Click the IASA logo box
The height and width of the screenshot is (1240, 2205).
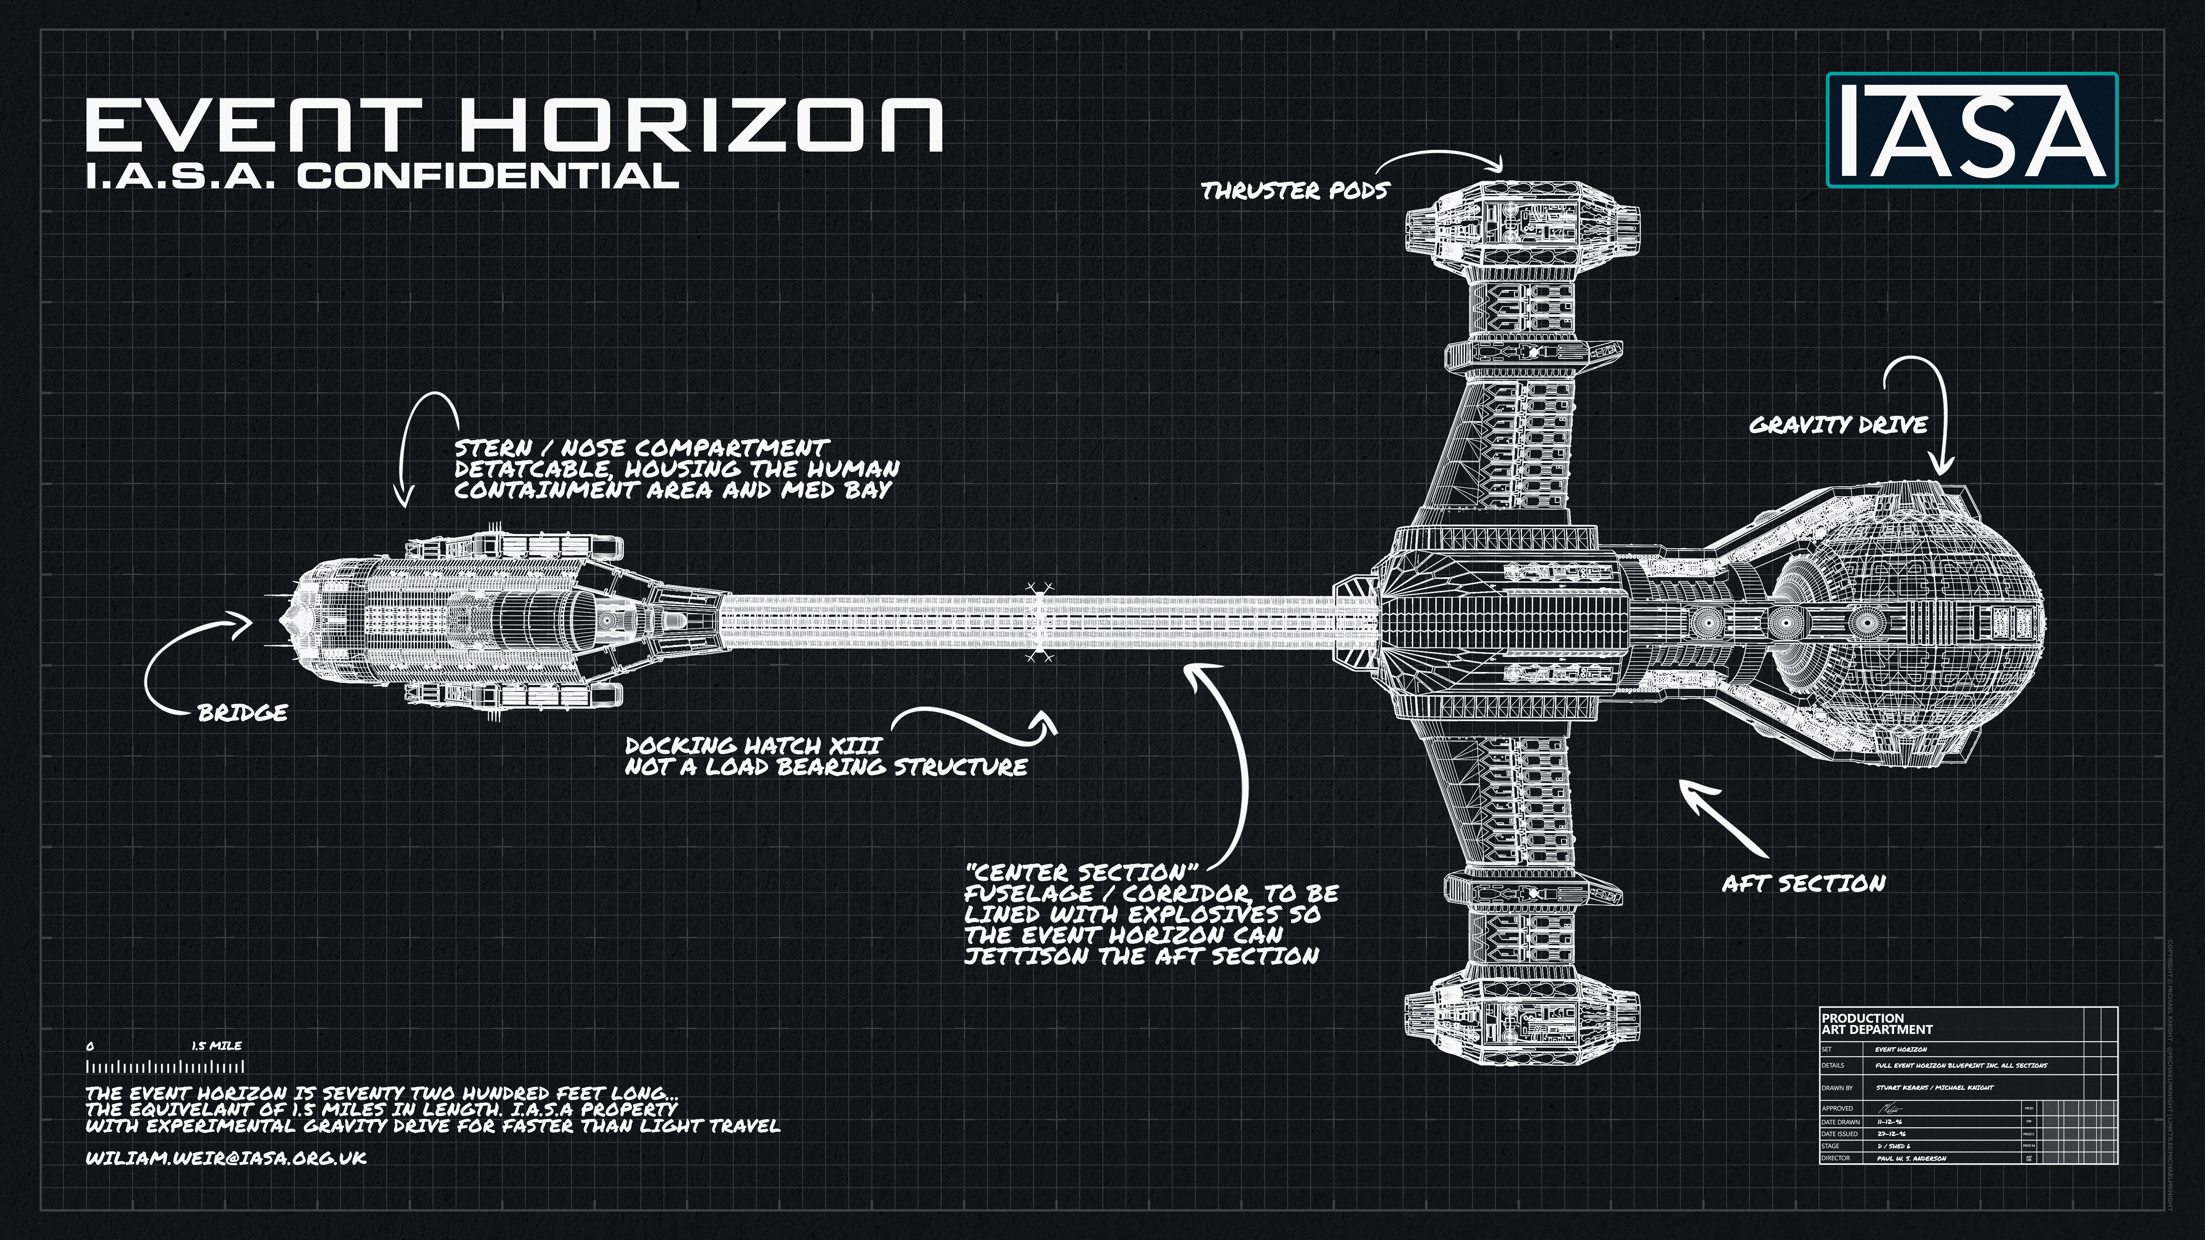click(x=1971, y=130)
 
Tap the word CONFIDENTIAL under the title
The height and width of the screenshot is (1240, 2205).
click(x=488, y=176)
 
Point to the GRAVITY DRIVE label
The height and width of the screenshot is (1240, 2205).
click(x=1838, y=425)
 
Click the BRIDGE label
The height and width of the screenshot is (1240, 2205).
click(x=242, y=713)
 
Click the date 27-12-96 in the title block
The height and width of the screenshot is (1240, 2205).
click(x=1892, y=1134)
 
